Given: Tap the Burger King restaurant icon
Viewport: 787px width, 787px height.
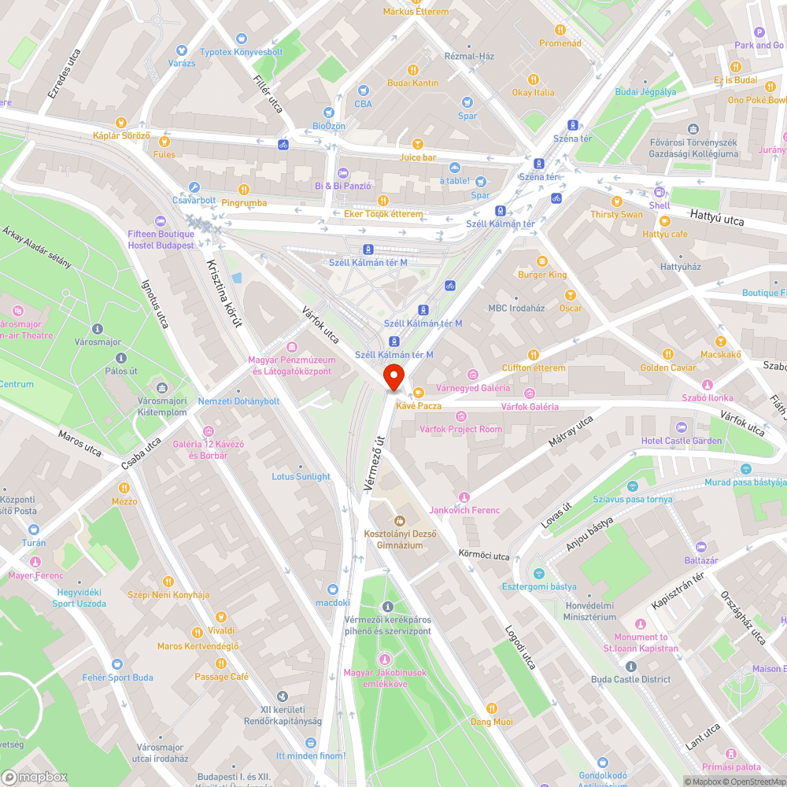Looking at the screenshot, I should coord(541,261).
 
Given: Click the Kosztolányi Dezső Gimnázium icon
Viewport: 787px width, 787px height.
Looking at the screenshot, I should coord(399,520).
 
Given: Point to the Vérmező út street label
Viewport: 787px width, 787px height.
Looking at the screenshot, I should coord(374,464).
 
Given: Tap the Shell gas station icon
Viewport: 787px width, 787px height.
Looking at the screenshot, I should coord(660,192).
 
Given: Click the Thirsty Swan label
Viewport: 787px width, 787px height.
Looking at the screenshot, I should coord(616,214).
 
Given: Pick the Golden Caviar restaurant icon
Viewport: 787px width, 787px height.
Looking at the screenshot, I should coord(668,354).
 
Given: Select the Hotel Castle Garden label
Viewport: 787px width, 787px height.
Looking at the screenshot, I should coord(681,441).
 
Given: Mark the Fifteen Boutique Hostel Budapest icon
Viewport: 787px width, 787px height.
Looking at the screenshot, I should coord(161,221).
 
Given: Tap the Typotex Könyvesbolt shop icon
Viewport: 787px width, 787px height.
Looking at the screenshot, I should coord(241,39).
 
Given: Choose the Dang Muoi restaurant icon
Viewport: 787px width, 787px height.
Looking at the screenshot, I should coord(492,708).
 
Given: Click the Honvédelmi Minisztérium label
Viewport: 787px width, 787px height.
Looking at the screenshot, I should coord(590,611).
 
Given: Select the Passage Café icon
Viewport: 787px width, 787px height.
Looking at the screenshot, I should coord(221,663).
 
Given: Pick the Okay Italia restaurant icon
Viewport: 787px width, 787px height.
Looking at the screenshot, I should coord(534,79).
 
